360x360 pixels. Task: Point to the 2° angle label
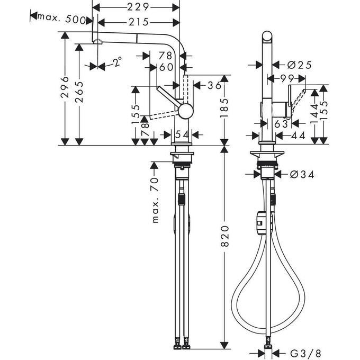point(117,64)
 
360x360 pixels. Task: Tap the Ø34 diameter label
point(302,174)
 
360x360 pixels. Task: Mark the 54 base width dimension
point(182,136)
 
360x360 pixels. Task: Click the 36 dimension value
point(214,85)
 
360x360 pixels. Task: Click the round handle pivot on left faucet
point(186,110)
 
